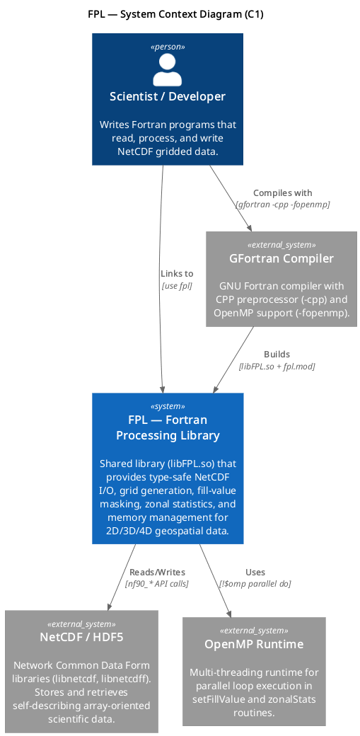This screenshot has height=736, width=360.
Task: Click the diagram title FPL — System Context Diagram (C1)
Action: tap(175, 15)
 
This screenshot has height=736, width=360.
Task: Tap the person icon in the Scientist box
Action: tap(167, 69)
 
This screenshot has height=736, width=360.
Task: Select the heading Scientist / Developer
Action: tap(168, 97)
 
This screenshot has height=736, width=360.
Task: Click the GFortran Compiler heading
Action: tap(281, 258)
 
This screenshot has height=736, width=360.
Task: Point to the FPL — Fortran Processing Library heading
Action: tap(168, 427)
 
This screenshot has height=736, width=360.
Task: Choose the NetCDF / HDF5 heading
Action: tap(81, 637)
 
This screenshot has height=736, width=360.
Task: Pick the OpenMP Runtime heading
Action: tap(254, 644)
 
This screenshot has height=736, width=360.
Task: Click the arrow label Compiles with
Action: tap(283, 193)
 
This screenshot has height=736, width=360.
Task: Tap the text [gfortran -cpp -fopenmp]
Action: tap(283, 205)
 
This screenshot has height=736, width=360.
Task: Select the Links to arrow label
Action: tap(177, 274)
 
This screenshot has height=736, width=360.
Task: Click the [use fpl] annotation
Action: tap(177, 285)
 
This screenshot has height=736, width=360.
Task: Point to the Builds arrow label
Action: tap(277, 355)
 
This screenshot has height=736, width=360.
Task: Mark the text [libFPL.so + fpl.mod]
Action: tap(277, 366)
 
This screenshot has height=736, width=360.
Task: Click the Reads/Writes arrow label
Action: tap(157, 573)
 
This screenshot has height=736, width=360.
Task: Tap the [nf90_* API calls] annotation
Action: tap(157, 583)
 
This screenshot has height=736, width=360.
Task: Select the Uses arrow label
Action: tap(255, 573)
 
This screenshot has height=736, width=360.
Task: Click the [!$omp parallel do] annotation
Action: tap(255, 583)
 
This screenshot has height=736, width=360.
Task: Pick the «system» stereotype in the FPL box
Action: tap(168, 406)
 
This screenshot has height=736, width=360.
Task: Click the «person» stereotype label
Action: tap(168, 47)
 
